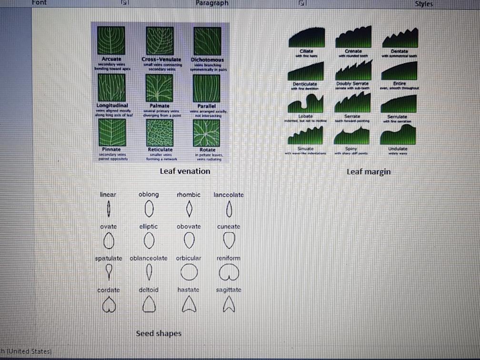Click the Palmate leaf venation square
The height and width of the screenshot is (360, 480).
160,88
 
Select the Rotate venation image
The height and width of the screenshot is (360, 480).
207,132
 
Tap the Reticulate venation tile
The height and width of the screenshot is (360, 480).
160,132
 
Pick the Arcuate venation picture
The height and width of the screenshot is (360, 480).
111,41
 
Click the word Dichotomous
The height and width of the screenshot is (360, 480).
207,60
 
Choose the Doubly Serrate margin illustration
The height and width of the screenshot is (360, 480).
353,71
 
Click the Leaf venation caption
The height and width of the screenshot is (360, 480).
185,171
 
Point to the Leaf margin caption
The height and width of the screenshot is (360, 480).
369,171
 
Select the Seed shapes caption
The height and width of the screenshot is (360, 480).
159,333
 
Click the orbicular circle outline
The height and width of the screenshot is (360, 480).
189,272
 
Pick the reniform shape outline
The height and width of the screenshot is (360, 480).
228,273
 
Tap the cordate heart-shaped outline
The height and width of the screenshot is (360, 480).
109,304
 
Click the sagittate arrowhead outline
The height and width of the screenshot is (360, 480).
229,304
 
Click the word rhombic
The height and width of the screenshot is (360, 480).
189,195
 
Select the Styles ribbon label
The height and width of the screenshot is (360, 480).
423,4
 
